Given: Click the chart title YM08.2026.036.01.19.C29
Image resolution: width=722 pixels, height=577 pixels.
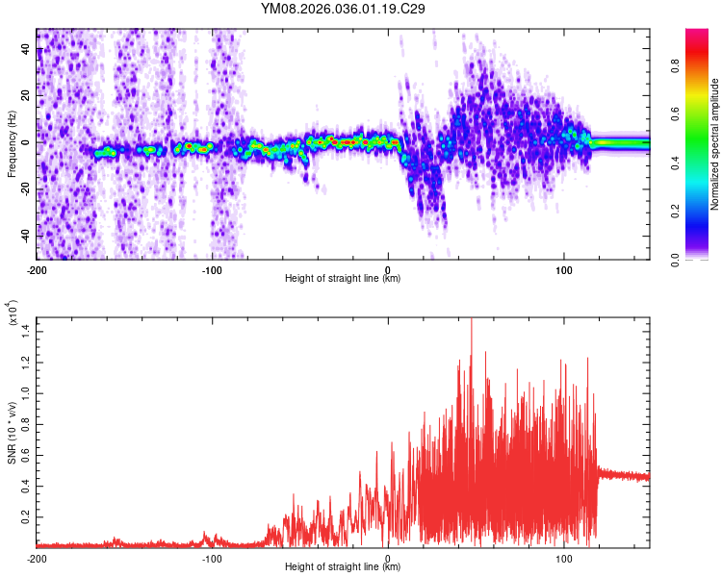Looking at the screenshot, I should click(x=344, y=9).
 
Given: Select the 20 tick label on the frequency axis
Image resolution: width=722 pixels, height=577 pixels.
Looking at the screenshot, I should click(x=26, y=95).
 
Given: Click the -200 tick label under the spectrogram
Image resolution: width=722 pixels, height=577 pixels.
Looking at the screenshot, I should click(x=37, y=269).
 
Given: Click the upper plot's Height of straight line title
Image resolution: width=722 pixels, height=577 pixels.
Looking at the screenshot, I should click(x=343, y=279).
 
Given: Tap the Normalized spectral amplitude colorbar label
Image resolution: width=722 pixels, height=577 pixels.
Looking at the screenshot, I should click(x=716, y=144).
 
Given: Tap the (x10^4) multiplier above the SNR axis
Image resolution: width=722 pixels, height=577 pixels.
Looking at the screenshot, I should click(x=13, y=314).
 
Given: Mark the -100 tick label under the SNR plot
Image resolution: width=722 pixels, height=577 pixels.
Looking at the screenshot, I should click(x=212, y=557).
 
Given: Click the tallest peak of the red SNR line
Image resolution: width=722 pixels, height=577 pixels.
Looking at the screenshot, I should click(x=471, y=320).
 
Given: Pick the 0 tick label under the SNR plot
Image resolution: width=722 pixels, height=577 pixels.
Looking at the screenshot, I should click(x=387, y=557).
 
